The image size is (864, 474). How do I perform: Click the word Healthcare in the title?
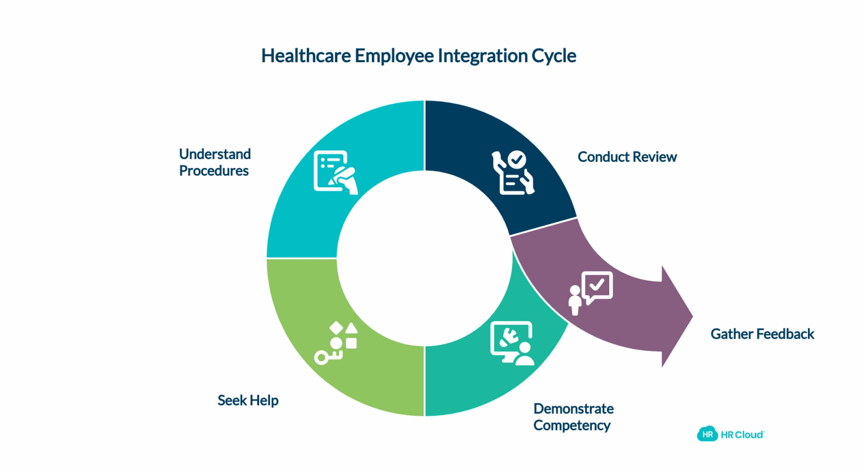point(306,56)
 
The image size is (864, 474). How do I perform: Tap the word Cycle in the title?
point(554,56)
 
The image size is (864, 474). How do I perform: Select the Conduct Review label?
point(627,157)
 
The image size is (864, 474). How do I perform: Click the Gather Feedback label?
point(762,334)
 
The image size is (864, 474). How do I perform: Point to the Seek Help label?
point(248,401)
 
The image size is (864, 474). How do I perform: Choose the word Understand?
point(215,154)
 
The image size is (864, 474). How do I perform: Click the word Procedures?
point(214,171)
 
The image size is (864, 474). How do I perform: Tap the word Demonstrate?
point(573,409)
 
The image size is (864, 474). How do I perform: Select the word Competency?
point(572,426)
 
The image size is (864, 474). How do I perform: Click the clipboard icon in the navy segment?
point(514,173)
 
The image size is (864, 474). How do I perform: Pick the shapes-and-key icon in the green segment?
point(336,343)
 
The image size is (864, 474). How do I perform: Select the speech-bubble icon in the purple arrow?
point(591,293)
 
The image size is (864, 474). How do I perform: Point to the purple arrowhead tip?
point(693,317)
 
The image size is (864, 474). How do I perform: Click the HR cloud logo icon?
point(707,434)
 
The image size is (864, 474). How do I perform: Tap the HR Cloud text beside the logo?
point(742,435)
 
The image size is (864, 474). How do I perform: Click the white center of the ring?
point(424,258)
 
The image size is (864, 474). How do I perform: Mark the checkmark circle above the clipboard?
point(517,159)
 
